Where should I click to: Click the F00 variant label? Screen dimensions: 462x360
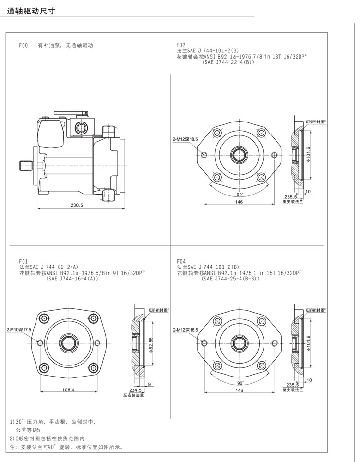click(x=24, y=46)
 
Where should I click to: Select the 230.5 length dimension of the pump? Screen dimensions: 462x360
click(x=77, y=205)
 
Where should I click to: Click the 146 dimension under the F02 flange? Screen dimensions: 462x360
click(x=239, y=202)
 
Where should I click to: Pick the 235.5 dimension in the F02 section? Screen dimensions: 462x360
click(x=290, y=197)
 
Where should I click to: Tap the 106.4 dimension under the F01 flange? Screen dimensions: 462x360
click(x=68, y=390)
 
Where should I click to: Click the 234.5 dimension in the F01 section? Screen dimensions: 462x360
click(x=129, y=390)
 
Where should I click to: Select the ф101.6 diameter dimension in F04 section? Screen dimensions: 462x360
click(x=309, y=344)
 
